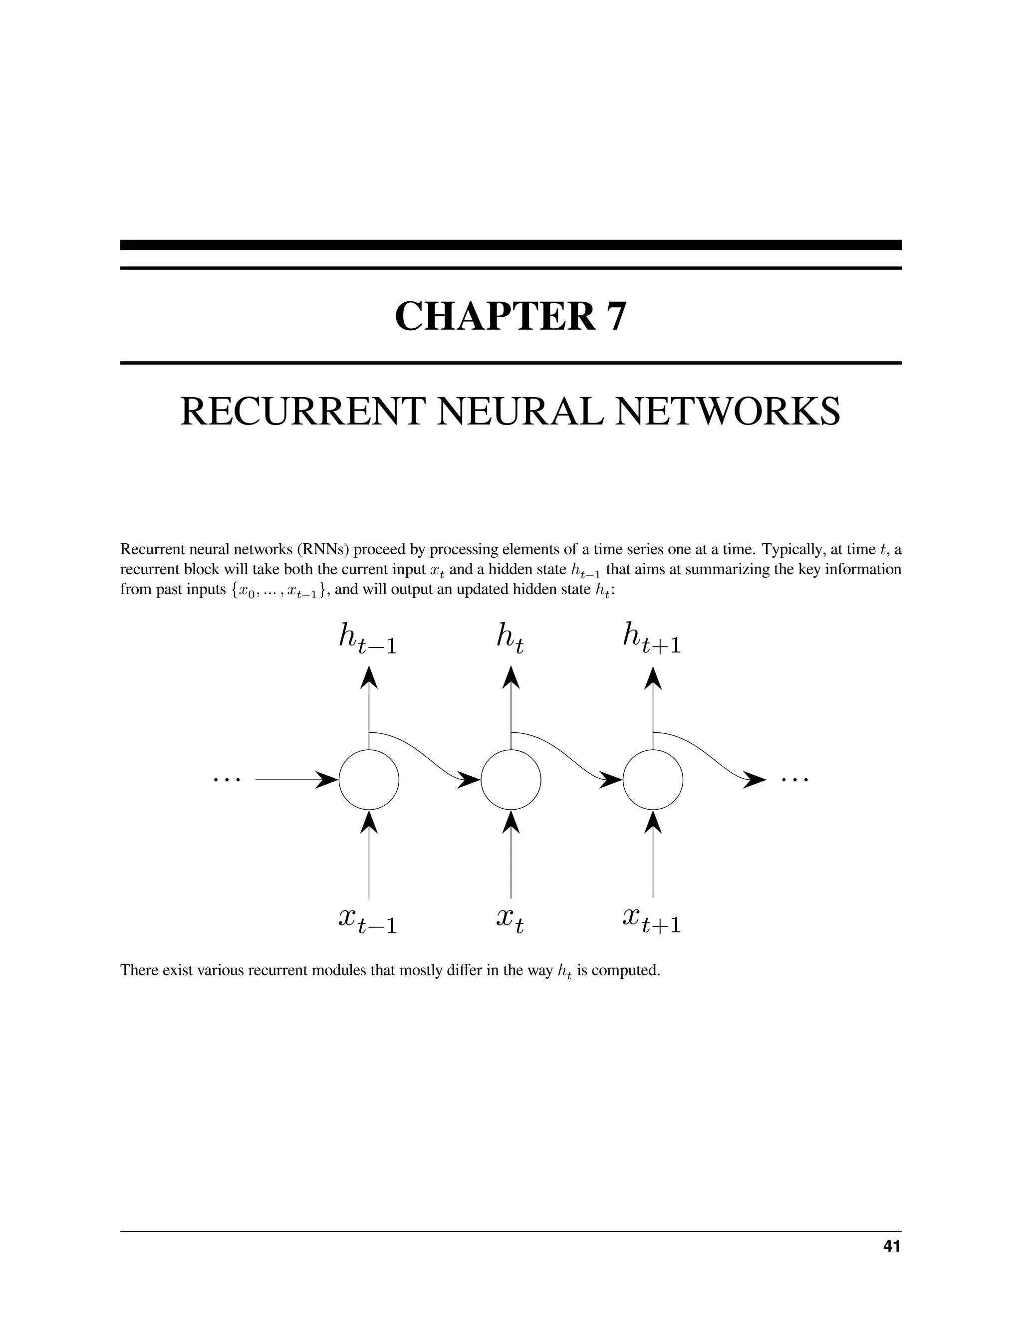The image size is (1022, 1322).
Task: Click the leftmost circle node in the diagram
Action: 369,780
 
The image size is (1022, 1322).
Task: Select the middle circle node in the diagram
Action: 511,780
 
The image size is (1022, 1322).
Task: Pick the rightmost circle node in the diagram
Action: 653,780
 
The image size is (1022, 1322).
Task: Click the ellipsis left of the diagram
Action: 227,780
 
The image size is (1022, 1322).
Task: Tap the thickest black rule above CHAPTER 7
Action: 511,245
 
